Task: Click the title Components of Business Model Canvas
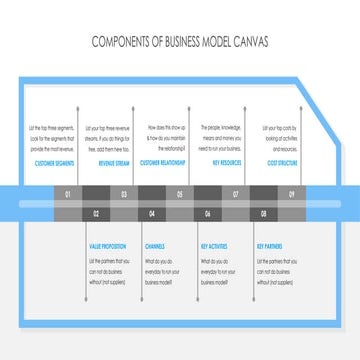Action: pyautogui.click(x=180, y=42)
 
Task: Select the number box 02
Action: pyautogui.click(x=96, y=214)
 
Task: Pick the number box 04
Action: pyautogui.click(x=152, y=214)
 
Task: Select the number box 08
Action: pyautogui.click(x=264, y=214)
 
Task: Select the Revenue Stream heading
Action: pyautogui.click(x=113, y=161)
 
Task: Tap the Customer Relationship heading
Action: pyautogui.click(x=162, y=161)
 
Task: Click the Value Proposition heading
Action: pyautogui.click(x=108, y=245)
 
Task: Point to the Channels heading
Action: pyautogui.click(x=155, y=245)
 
